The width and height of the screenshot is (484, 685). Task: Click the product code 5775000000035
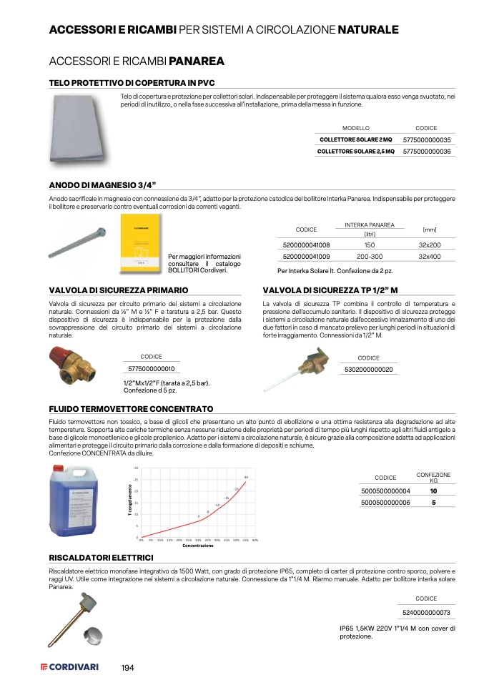coord(427,140)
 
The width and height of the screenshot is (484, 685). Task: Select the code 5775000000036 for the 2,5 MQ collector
coord(427,152)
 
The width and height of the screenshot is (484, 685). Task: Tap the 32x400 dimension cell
coord(430,255)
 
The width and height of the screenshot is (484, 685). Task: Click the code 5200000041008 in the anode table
coord(307,245)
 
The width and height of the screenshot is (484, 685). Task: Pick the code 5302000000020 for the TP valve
coord(369,369)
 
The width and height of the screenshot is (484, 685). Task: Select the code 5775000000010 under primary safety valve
coord(151,369)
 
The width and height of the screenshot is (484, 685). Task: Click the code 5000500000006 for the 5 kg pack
coord(386,503)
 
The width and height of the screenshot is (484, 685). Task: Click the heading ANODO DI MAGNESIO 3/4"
coord(102,184)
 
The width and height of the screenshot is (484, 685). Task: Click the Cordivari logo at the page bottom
coord(69,667)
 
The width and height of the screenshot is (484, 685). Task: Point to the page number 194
coord(128,667)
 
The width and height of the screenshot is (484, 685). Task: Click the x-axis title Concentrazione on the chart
coord(198,546)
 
